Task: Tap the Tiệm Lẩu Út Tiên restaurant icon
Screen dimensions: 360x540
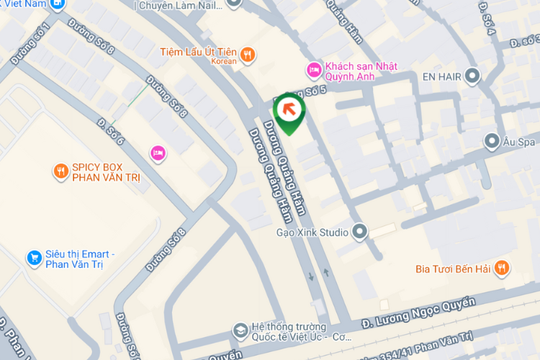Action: [x=248, y=53]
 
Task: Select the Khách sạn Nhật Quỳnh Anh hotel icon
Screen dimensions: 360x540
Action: [x=313, y=69]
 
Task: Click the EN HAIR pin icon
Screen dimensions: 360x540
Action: [x=472, y=75]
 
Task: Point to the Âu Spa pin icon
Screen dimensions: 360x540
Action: [x=492, y=141]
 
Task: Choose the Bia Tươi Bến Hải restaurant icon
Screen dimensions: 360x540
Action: [x=503, y=269]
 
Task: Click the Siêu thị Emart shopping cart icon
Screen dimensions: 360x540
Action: [x=33, y=257]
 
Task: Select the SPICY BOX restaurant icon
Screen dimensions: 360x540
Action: [x=61, y=171]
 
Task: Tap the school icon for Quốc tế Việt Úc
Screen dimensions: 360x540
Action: [x=239, y=330]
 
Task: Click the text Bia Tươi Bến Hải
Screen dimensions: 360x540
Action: [x=452, y=269]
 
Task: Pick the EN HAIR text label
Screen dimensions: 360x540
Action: [x=441, y=75]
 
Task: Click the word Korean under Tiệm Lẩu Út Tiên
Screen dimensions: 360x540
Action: [x=224, y=62]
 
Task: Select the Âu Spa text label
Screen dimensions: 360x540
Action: [x=521, y=141]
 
